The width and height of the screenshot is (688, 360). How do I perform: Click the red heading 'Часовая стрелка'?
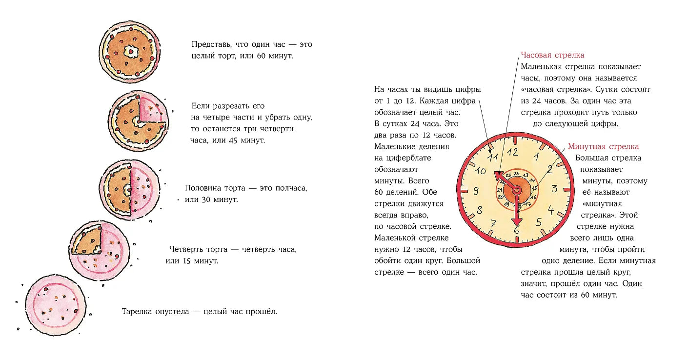coord(552,55)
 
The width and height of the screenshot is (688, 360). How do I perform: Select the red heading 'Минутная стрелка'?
coord(603,146)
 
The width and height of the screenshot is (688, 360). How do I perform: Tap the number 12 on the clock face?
coord(512,151)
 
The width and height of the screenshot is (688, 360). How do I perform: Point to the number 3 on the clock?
coord(555,188)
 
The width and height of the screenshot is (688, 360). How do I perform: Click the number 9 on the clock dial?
coord(476,191)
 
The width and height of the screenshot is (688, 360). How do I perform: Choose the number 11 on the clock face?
coord(493,157)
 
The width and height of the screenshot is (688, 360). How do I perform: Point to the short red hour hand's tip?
coord(498,175)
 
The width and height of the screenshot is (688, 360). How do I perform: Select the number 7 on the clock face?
coord(493,223)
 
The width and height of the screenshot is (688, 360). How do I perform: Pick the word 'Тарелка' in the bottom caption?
coord(139,311)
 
